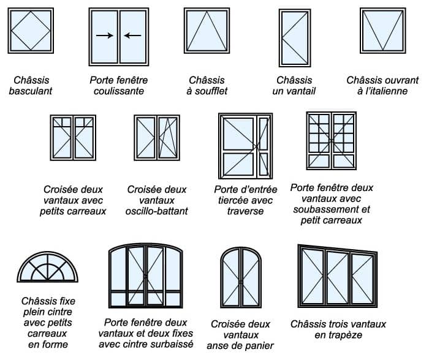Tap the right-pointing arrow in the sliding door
tap(105, 36)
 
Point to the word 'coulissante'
tap(119, 91)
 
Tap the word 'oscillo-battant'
tap(158, 211)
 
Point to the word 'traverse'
tap(245, 211)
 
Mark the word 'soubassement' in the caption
tap(332, 209)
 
